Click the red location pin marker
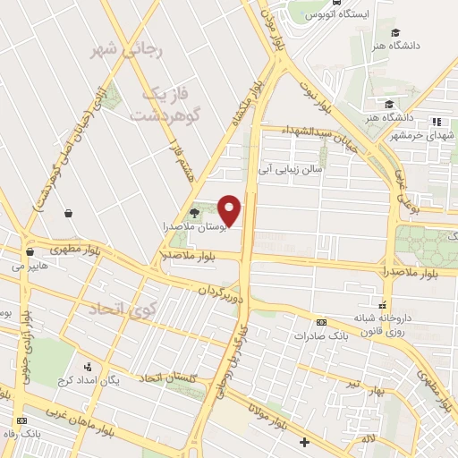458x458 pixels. pyautogui.click(x=231, y=210)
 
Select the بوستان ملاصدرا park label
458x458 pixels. pyautogui.click(x=202, y=228)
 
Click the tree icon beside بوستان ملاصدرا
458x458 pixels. pyautogui.click(x=195, y=212)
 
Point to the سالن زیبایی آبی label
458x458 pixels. pyautogui.click(x=290, y=166)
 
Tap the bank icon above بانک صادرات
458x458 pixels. pyautogui.click(x=321, y=322)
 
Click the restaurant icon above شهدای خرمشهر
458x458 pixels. pyautogui.click(x=437, y=122)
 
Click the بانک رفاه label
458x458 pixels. pyautogui.click(x=21, y=435)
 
